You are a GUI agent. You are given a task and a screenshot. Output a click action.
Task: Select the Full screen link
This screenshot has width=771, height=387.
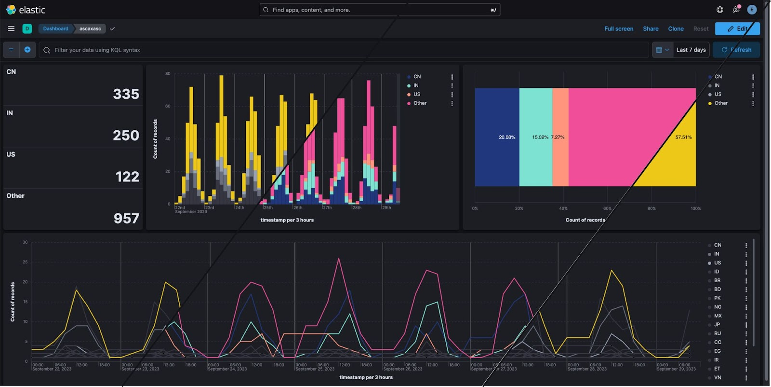(x=619, y=29)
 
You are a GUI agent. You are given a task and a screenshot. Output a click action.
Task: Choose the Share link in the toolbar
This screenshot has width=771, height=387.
(x=651, y=29)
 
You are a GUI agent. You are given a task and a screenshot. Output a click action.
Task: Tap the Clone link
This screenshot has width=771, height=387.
(x=676, y=29)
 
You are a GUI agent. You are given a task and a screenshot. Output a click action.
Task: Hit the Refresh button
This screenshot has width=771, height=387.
(x=736, y=50)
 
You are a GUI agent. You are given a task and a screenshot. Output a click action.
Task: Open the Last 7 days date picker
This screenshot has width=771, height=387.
(x=691, y=50)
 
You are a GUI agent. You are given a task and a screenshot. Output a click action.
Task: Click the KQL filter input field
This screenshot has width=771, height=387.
(x=337, y=50)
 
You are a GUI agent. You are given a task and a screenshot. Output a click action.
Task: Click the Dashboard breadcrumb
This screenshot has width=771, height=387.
(x=55, y=29)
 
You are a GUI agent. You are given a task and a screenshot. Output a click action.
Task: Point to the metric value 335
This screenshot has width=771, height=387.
(x=126, y=94)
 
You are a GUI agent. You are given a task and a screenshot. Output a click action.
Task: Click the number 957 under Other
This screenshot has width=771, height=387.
(x=126, y=219)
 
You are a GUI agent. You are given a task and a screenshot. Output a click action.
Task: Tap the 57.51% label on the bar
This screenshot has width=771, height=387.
(x=683, y=138)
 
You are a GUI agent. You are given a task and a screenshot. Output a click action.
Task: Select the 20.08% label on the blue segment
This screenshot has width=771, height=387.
(x=507, y=138)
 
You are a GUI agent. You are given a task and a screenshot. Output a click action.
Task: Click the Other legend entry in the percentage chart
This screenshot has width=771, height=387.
(x=721, y=103)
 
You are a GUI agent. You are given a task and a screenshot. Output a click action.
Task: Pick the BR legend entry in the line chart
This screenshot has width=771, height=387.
(x=717, y=280)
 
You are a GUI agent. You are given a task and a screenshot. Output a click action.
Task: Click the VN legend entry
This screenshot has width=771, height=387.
(x=718, y=377)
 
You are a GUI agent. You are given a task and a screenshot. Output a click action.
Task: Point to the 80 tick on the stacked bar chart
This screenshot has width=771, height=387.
(x=168, y=74)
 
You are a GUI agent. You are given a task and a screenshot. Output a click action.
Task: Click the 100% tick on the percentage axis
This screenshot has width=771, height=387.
(x=695, y=208)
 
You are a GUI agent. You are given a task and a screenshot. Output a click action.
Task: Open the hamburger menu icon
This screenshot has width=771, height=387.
(x=11, y=29)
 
